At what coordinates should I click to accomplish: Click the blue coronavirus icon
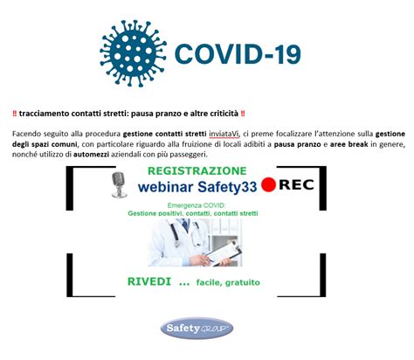(x=133, y=53)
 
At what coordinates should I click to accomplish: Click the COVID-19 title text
(x=238, y=54)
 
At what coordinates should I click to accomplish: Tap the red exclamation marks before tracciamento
(x=15, y=114)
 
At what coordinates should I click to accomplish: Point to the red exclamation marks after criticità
(x=243, y=114)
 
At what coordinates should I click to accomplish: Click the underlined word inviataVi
(x=224, y=134)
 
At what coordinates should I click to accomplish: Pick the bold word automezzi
(x=91, y=155)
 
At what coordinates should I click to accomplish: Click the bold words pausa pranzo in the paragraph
(x=297, y=144)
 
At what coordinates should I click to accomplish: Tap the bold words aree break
(x=348, y=144)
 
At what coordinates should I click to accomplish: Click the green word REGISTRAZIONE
(x=197, y=171)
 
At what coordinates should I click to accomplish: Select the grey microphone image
(x=119, y=184)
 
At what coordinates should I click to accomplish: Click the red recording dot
(x=268, y=184)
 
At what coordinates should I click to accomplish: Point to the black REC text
(x=296, y=184)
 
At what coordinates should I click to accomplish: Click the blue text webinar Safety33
(x=197, y=187)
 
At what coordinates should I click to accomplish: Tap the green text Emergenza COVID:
(x=197, y=205)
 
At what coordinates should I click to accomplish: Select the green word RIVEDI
(x=149, y=281)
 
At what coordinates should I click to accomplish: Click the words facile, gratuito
(x=228, y=282)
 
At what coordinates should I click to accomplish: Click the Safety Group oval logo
(x=197, y=329)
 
